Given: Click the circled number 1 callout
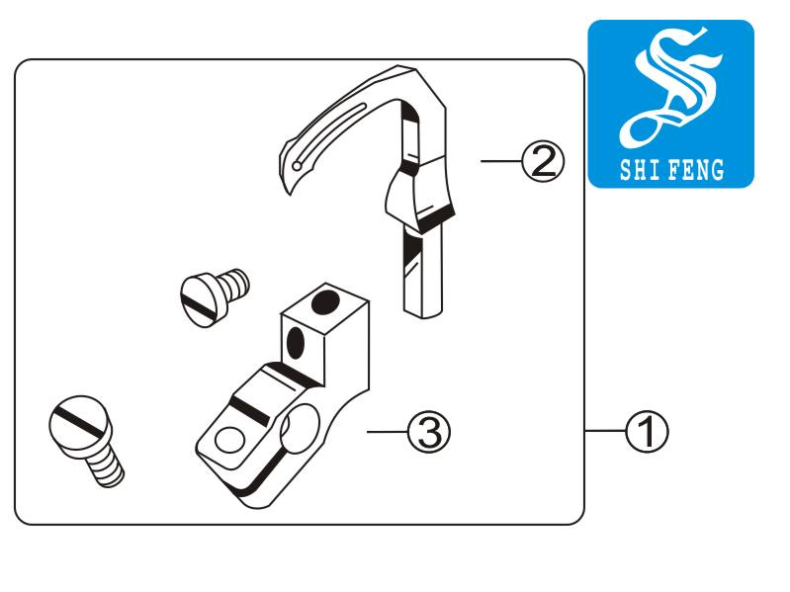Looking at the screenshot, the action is [x=647, y=432].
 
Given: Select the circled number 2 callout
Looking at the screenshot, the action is [x=543, y=161].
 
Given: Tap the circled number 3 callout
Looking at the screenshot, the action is [x=429, y=432].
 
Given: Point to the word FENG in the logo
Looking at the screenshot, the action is [x=697, y=170].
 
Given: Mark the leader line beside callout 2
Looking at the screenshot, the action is [x=501, y=161].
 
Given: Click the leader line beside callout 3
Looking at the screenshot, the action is [x=387, y=432].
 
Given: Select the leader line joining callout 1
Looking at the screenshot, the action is [x=605, y=431].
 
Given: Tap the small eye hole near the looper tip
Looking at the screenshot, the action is [x=297, y=166].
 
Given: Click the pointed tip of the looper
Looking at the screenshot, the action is [x=289, y=193].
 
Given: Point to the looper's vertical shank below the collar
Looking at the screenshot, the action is [x=423, y=271].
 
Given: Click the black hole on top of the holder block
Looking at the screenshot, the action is [x=325, y=301].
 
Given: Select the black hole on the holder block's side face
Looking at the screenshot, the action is [x=295, y=343].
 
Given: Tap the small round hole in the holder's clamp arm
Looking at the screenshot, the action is [x=229, y=441].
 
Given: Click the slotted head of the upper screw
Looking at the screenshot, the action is [x=199, y=300].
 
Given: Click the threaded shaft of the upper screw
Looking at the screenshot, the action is [x=233, y=284].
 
